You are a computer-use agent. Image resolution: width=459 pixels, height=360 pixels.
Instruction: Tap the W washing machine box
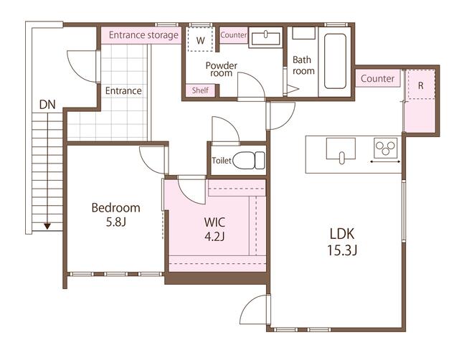[x=201, y=40]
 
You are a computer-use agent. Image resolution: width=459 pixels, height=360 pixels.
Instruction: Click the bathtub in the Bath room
[x=336, y=61]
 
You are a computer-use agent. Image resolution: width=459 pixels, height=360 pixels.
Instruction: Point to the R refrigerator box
[x=420, y=85]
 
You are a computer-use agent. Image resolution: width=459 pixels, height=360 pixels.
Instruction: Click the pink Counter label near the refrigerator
[x=378, y=78]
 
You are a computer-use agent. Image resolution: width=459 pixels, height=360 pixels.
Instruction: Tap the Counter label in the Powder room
[x=234, y=35]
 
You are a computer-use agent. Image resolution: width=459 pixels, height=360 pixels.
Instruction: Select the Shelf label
[x=200, y=90]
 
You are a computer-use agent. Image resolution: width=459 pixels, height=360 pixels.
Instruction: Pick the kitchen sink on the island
[x=341, y=151]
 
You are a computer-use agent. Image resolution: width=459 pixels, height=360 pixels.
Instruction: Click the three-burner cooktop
[x=385, y=148]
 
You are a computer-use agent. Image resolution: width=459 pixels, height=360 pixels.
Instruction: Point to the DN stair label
[x=47, y=105]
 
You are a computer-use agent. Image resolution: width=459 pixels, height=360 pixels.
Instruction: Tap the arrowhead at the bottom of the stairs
[x=47, y=226]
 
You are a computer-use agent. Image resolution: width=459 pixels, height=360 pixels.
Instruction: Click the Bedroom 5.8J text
[x=115, y=215]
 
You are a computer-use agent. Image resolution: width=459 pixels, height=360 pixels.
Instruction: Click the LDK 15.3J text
[x=343, y=242]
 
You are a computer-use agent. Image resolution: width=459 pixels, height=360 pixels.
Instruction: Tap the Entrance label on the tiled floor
[x=123, y=91]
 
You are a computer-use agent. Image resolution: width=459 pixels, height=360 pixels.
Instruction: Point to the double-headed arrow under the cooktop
[x=385, y=163]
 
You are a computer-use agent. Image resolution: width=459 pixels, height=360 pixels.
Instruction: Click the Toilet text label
[x=222, y=161]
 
